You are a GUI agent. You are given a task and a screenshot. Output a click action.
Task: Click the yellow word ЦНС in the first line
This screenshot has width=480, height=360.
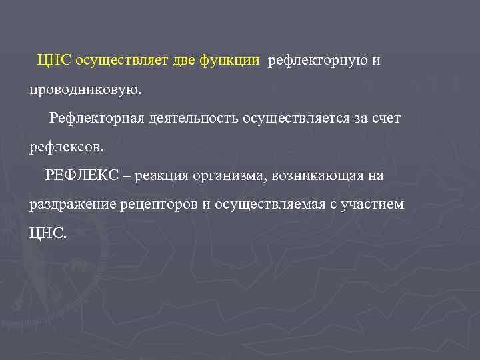click(x=55, y=61)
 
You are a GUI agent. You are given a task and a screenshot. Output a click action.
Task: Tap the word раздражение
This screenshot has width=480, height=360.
click(x=73, y=204)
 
